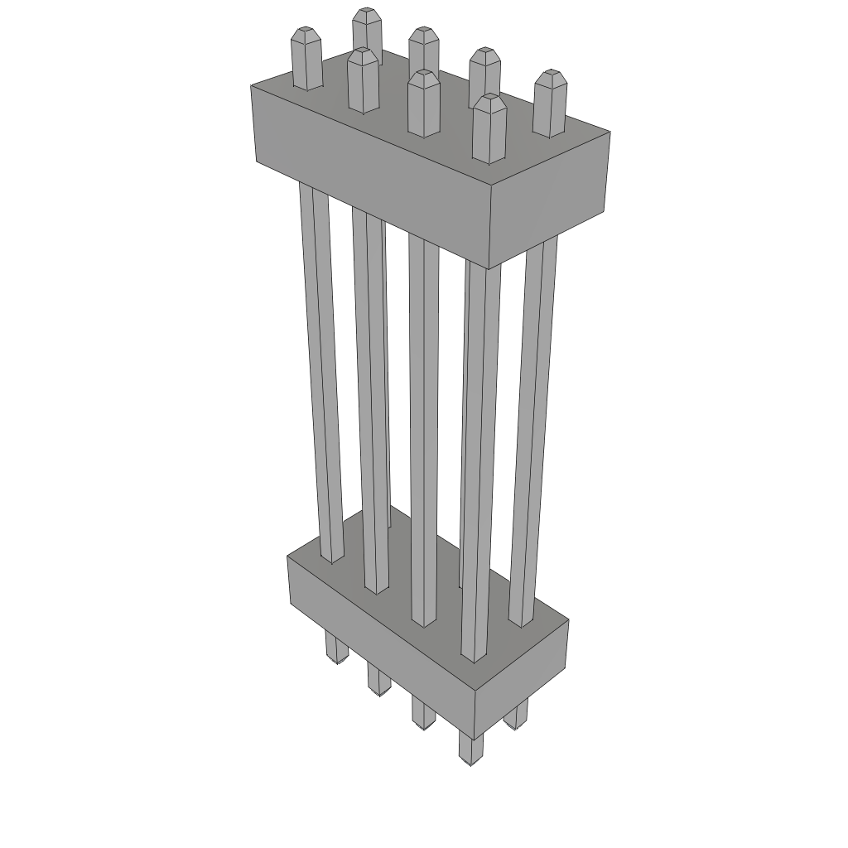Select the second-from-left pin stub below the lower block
coord(378,679)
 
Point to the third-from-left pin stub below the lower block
coord(422,712)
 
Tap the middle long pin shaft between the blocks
coord(423,431)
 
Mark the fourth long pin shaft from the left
coord(479,464)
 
